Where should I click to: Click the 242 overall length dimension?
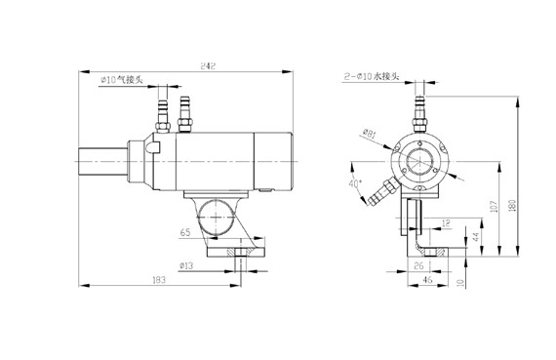[208, 66]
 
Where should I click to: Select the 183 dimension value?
[159, 280]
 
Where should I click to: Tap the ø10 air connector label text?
[122, 79]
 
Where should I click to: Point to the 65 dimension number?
[185, 232]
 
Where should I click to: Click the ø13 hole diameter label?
[186, 265]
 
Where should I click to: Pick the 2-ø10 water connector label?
[372, 76]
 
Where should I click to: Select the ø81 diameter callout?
[369, 134]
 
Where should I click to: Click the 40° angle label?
[355, 183]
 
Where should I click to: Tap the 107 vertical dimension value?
[494, 207]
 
